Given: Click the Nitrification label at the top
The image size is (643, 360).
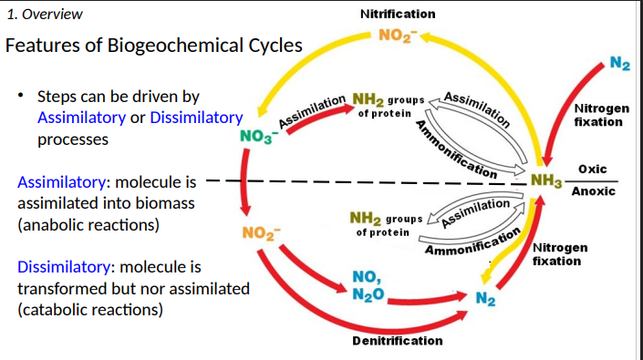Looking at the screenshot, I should coord(398,14).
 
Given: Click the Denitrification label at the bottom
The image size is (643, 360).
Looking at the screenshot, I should coord(398,341).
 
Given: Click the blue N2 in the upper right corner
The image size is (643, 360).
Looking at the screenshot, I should coord(620,64).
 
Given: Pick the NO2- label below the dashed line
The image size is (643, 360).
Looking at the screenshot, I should coord(260,231).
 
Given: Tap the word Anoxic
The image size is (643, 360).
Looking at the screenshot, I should coord(593,191).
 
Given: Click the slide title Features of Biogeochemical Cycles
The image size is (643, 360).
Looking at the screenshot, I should coord(155,46).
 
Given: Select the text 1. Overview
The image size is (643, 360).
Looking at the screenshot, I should coord(45,14).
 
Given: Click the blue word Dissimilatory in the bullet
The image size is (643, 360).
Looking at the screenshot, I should coord(196,118).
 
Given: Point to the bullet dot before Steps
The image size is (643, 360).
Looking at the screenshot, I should coord(20,96).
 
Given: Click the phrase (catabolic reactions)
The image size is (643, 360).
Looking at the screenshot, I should coord(90,310).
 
